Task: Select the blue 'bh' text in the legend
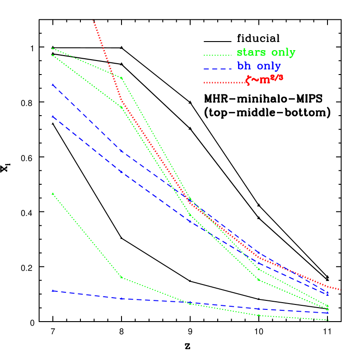(244, 66)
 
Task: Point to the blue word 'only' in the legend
(269, 66)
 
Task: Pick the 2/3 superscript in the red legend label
(278, 77)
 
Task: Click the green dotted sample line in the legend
(217, 55)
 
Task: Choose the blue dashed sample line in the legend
(217, 69)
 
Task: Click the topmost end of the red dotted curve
(94, 21)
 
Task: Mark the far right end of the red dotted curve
(339, 289)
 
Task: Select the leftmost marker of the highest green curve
(53, 48)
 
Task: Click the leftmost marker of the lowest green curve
(53, 194)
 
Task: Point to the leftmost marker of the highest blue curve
(53, 85)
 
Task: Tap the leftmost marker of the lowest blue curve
(53, 291)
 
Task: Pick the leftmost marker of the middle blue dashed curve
(53, 117)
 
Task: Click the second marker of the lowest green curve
(122, 277)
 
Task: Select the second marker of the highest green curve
(122, 78)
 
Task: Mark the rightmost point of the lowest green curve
(327, 320)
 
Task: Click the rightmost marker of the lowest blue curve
(327, 313)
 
